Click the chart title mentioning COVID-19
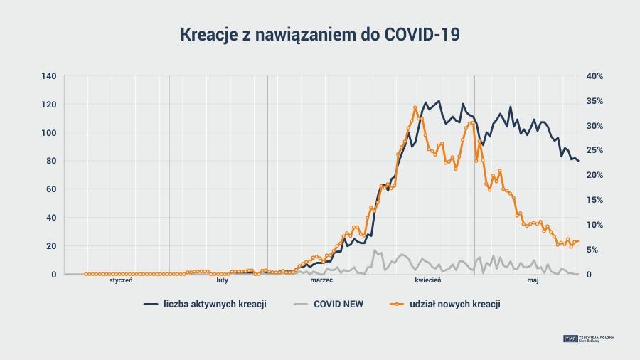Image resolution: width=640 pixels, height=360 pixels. point(319,35)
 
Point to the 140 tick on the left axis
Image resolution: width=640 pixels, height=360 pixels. point(49,76)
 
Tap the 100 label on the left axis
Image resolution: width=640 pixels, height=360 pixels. point(49,133)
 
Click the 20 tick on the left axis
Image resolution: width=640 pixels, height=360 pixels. point(51,246)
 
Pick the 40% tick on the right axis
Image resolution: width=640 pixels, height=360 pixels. point(594,76)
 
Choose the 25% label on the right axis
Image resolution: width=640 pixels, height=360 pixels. point(594,150)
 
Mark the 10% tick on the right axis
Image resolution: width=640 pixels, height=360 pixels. point(594,225)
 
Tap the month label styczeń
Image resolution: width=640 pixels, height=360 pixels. point(121,281)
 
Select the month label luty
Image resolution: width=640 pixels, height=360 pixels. point(223,281)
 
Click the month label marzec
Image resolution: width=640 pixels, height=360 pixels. point(321,281)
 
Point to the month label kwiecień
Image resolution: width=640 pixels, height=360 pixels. point(428,281)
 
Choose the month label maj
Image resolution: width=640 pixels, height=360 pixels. point(533,281)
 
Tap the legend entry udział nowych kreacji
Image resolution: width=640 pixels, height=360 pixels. point(455,304)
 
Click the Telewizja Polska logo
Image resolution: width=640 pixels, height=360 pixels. point(590,339)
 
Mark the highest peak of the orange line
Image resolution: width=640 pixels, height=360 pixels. point(415,107)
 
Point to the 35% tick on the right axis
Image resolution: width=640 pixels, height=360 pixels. point(594,101)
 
